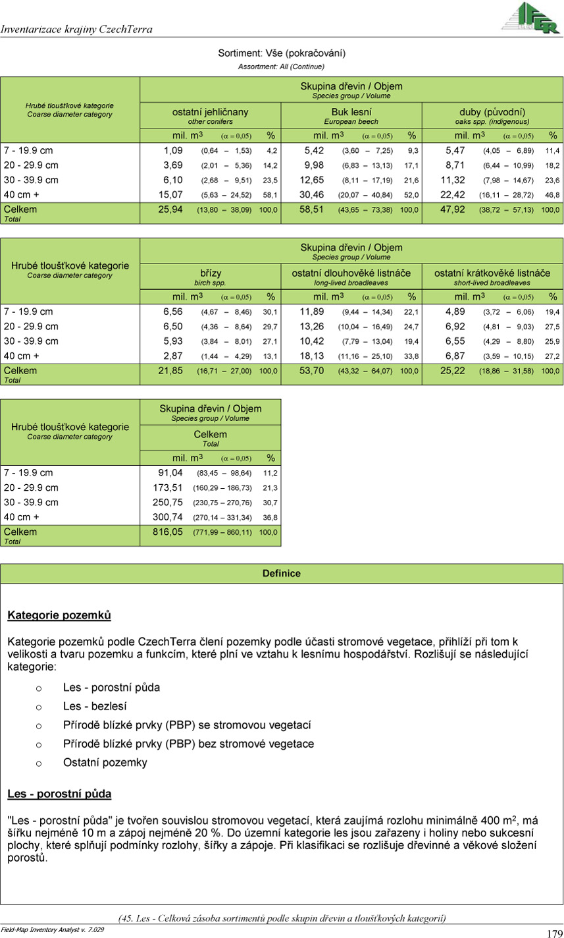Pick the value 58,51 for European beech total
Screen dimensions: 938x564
tap(318, 210)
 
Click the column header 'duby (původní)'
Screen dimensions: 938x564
tap(492, 112)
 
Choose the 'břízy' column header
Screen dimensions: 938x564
tap(211, 273)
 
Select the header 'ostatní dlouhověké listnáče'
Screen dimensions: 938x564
tap(351, 273)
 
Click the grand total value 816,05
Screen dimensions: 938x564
tap(167, 532)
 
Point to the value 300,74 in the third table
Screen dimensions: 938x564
tap(167, 517)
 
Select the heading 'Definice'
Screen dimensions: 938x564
tap(282, 573)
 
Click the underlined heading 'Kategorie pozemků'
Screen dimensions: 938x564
tap(59, 615)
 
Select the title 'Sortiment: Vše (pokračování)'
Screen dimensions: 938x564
tap(282, 53)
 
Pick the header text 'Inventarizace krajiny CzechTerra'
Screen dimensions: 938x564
tap(76, 29)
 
